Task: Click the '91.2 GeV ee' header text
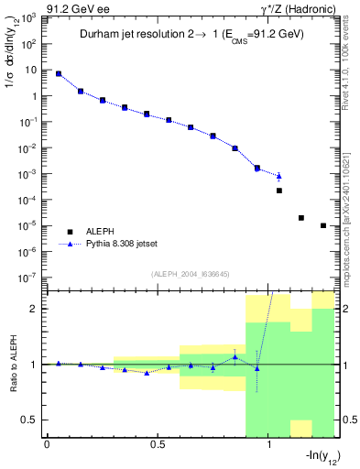tap(33, 7)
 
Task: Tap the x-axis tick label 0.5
tap(158, 445)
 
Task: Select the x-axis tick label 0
tap(47, 445)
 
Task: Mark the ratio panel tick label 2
tap(33, 309)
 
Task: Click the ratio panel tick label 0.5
tap(29, 420)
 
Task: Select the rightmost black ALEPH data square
tap(323, 225)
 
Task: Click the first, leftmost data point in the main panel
tap(59, 73)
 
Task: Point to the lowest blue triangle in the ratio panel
tap(147, 373)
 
